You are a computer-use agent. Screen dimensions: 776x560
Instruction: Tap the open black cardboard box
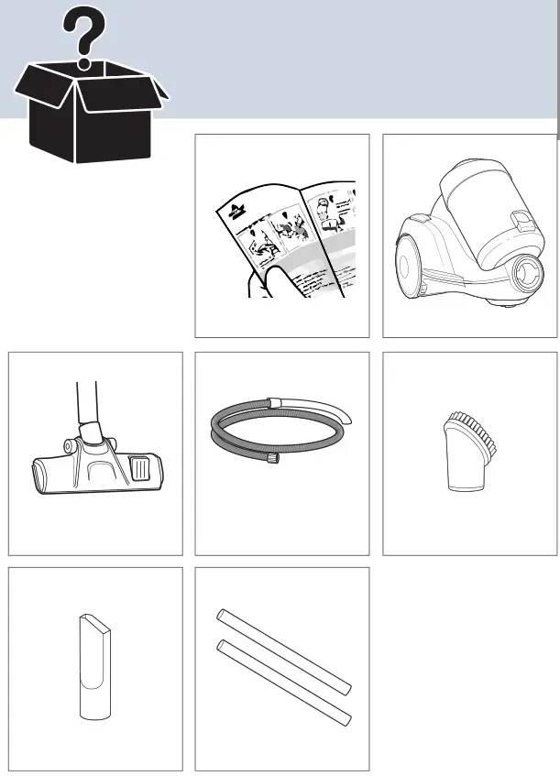point(88,115)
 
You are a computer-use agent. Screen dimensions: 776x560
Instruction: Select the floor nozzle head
point(96,467)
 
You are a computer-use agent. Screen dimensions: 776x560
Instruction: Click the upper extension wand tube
point(283,650)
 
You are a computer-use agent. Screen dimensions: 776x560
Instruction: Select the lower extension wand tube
point(283,683)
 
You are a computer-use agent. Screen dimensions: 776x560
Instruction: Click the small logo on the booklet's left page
point(234,216)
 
